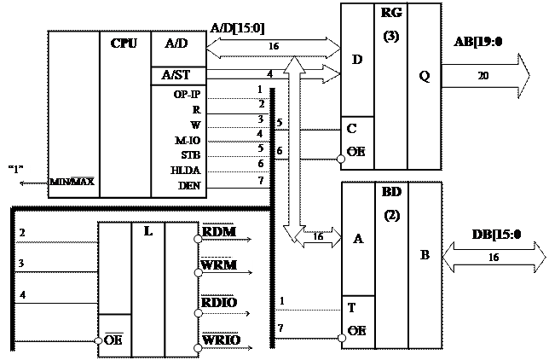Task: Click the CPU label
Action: point(124,43)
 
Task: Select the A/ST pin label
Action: point(176,75)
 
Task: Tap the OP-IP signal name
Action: point(186,95)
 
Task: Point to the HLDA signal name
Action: point(186,169)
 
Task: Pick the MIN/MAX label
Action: point(72,181)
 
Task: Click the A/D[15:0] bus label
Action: point(236,29)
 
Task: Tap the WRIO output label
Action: point(221,340)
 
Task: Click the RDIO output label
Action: point(219,303)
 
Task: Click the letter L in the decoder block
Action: point(148,232)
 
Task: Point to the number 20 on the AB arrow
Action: point(483,74)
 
